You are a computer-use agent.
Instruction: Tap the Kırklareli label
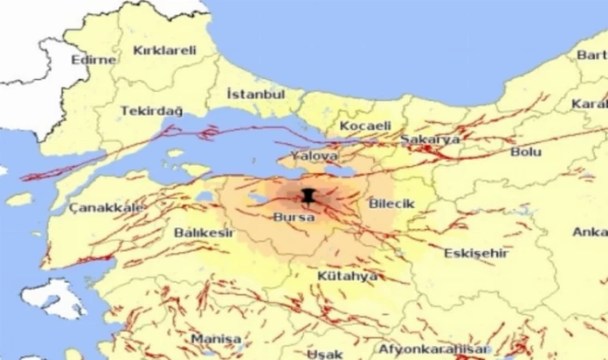click(x=164, y=50)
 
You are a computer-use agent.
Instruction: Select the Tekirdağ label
click(x=151, y=110)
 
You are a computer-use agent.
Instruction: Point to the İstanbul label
click(x=256, y=94)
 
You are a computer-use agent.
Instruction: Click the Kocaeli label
click(x=366, y=126)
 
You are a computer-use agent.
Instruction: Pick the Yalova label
click(x=314, y=155)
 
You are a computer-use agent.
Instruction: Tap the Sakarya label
click(x=430, y=139)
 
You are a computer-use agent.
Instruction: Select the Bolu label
click(x=526, y=151)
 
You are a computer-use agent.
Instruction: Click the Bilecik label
click(x=392, y=203)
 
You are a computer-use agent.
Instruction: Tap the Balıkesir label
click(x=204, y=232)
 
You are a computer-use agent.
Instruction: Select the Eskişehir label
click(x=476, y=253)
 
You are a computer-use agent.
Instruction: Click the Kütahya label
click(x=347, y=276)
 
